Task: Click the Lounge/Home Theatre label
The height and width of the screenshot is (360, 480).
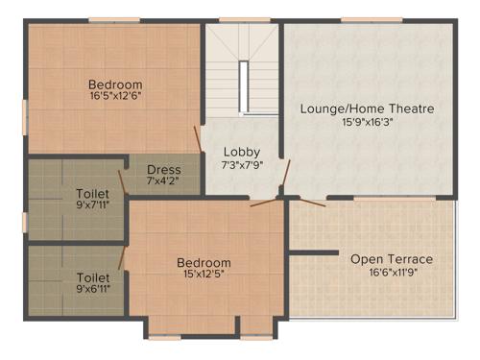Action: pyautogui.click(x=368, y=108)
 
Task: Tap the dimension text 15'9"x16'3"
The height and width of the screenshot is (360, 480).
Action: pyautogui.click(x=368, y=122)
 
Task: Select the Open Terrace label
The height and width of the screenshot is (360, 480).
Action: pyautogui.click(x=392, y=258)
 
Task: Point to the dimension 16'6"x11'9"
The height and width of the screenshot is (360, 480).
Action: pyautogui.click(x=392, y=272)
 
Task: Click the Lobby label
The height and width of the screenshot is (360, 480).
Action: pyautogui.click(x=241, y=152)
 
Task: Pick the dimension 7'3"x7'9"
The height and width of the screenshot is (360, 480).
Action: pyautogui.click(x=241, y=166)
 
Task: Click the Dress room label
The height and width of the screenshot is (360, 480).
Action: pyautogui.click(x=164, y=170)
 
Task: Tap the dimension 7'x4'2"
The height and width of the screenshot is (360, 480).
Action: pyautogui.click(x=164, y=181)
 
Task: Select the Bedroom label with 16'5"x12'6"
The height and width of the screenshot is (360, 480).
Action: pyautogui.click(x=116, y=84)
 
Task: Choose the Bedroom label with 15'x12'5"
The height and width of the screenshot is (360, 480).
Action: pyautogui.click(x=204, y=262)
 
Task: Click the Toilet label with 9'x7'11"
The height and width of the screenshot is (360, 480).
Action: pyautogui.click(x=92, y=192)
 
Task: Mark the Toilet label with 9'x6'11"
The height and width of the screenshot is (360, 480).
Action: pyautogui.click(x=92, y=276)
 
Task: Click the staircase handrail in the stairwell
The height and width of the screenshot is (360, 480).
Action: pyautogui.click(x=244, y=87)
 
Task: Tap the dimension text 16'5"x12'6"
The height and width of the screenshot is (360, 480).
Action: pyautogui.click(x=116, y=97)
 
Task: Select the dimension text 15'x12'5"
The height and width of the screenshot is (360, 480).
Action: pyautogui.click(x=204, y=275)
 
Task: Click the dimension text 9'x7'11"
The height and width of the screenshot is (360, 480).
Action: pyautogui.click(x=92, y=204)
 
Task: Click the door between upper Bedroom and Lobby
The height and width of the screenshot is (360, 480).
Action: pyautogui.click(x=199, y=139)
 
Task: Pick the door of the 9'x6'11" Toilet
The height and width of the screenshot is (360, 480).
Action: pyautogui.click(x=122, y=256)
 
